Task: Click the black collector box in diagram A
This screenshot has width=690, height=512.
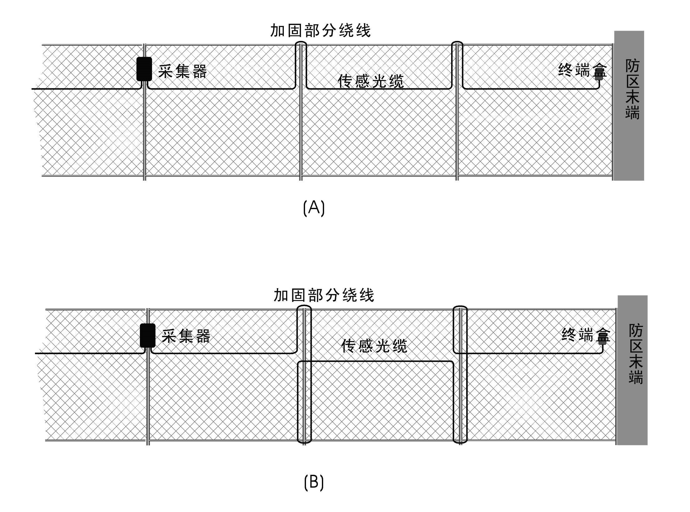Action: click(144, 69)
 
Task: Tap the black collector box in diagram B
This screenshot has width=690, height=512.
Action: click(148, 335)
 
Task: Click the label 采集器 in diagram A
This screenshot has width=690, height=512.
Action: click(182, 71)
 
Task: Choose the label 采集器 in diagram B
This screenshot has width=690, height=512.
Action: click(186, 336)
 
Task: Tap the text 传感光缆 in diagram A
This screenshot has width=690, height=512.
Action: click(371, 81)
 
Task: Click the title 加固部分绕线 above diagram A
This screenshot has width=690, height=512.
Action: click(320, 31)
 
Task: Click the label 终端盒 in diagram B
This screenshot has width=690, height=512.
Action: click(585, 335)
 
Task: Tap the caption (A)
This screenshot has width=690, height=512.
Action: click(314, 208)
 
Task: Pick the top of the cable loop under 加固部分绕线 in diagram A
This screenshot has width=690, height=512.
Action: click(301, 42)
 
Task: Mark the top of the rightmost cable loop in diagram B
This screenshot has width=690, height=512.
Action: click(460, 307)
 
